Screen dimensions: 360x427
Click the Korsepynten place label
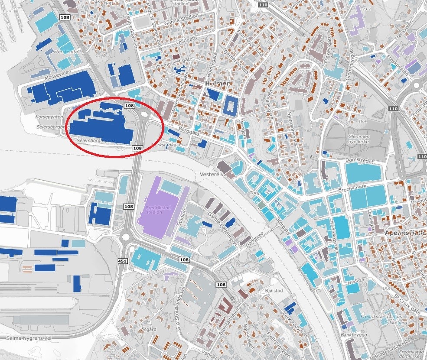pos(47,117)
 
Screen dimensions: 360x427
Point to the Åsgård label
pos(149,329)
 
